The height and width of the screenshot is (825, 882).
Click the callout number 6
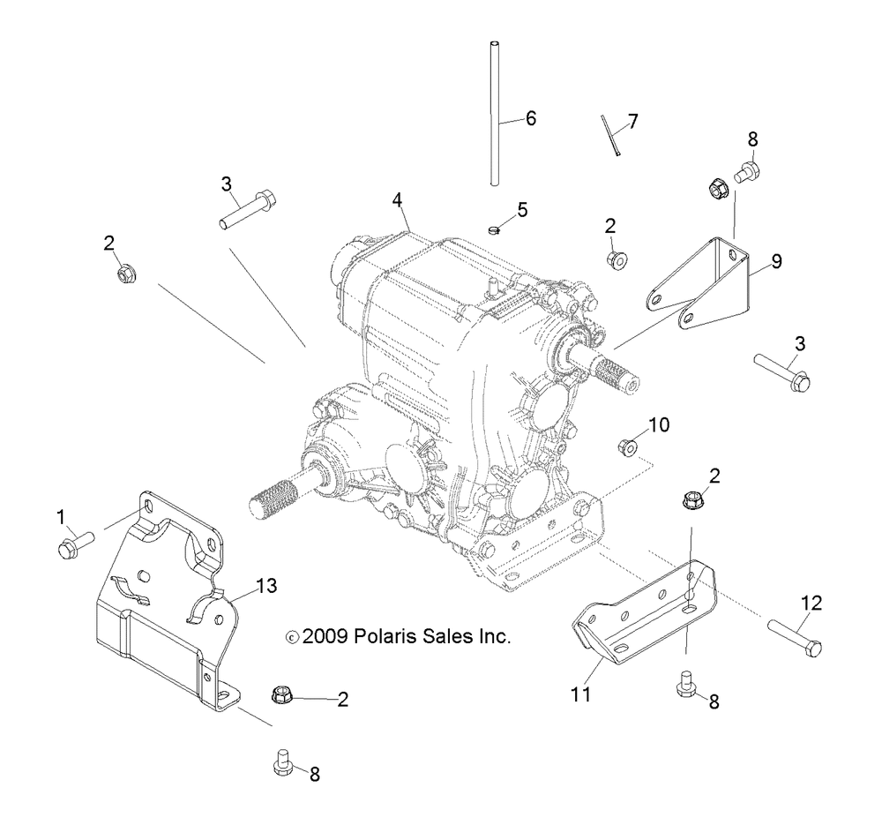pos(530,118)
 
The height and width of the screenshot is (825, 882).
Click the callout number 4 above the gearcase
pos(398,200)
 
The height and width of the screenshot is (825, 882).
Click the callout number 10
pos(660,425)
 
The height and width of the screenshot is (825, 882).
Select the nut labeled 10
pos(627,446)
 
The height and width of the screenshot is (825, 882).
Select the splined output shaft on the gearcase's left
pos(284,495)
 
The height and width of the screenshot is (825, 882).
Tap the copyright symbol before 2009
pos(293,636)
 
